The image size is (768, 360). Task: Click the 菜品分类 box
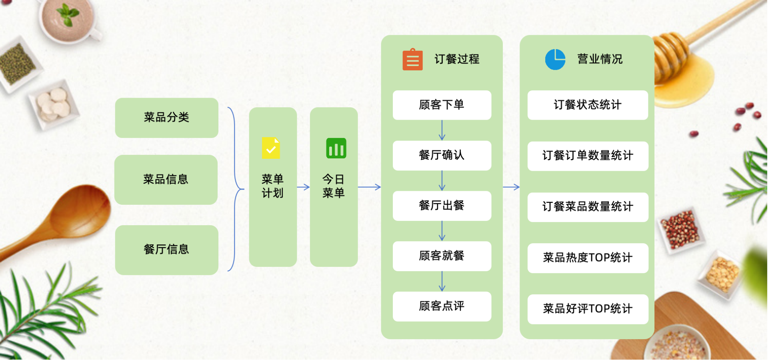tap(167, 118)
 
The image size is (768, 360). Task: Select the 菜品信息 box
tap(166, 180)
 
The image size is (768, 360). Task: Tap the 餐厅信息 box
tap(167, 250)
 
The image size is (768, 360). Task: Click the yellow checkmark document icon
tap(271, 148)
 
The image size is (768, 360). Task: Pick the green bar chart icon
tap(336, 148)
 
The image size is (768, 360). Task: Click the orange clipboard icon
tap(412, 59)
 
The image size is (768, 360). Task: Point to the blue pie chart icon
tap(555, 60)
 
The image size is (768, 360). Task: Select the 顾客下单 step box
tap(442, 105)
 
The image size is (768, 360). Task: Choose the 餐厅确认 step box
tap(442, 156)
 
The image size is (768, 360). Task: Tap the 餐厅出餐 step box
tap(442, 206)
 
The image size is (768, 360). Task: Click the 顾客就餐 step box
tap(442, 256)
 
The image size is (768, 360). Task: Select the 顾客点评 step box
tap(442, 306)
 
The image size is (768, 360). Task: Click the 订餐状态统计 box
tap(588, 105)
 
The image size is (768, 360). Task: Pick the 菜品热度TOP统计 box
tap(588, 258)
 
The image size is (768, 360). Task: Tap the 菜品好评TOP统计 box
tap(588, 309)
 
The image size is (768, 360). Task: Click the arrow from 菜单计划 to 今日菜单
tap(303, 187)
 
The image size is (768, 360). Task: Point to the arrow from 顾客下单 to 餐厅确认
tap(442, 130)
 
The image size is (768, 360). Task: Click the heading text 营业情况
tap(600, 59)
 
